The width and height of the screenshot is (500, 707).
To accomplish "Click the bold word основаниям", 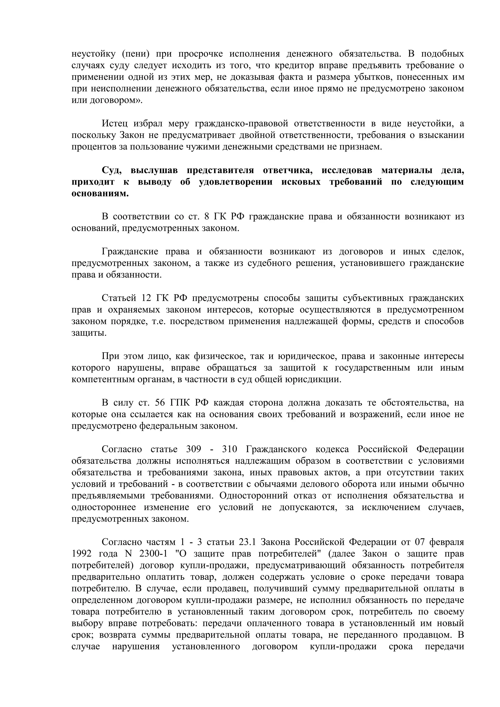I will coord(100,194).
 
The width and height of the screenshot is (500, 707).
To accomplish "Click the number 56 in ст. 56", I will coord(160,403).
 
